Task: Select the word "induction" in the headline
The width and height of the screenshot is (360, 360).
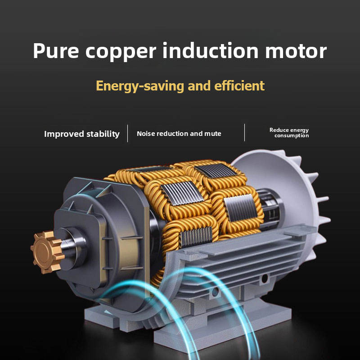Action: (211, 51)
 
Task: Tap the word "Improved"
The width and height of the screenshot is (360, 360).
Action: (62, 134)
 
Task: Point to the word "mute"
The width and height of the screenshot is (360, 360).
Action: (213, 134)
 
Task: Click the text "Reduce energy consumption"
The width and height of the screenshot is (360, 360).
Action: (290, 133)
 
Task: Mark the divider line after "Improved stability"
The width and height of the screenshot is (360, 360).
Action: (128, 133)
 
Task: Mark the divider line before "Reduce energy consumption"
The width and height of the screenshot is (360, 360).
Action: (245, 133)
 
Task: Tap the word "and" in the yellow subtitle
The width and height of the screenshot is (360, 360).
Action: (198, 85)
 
